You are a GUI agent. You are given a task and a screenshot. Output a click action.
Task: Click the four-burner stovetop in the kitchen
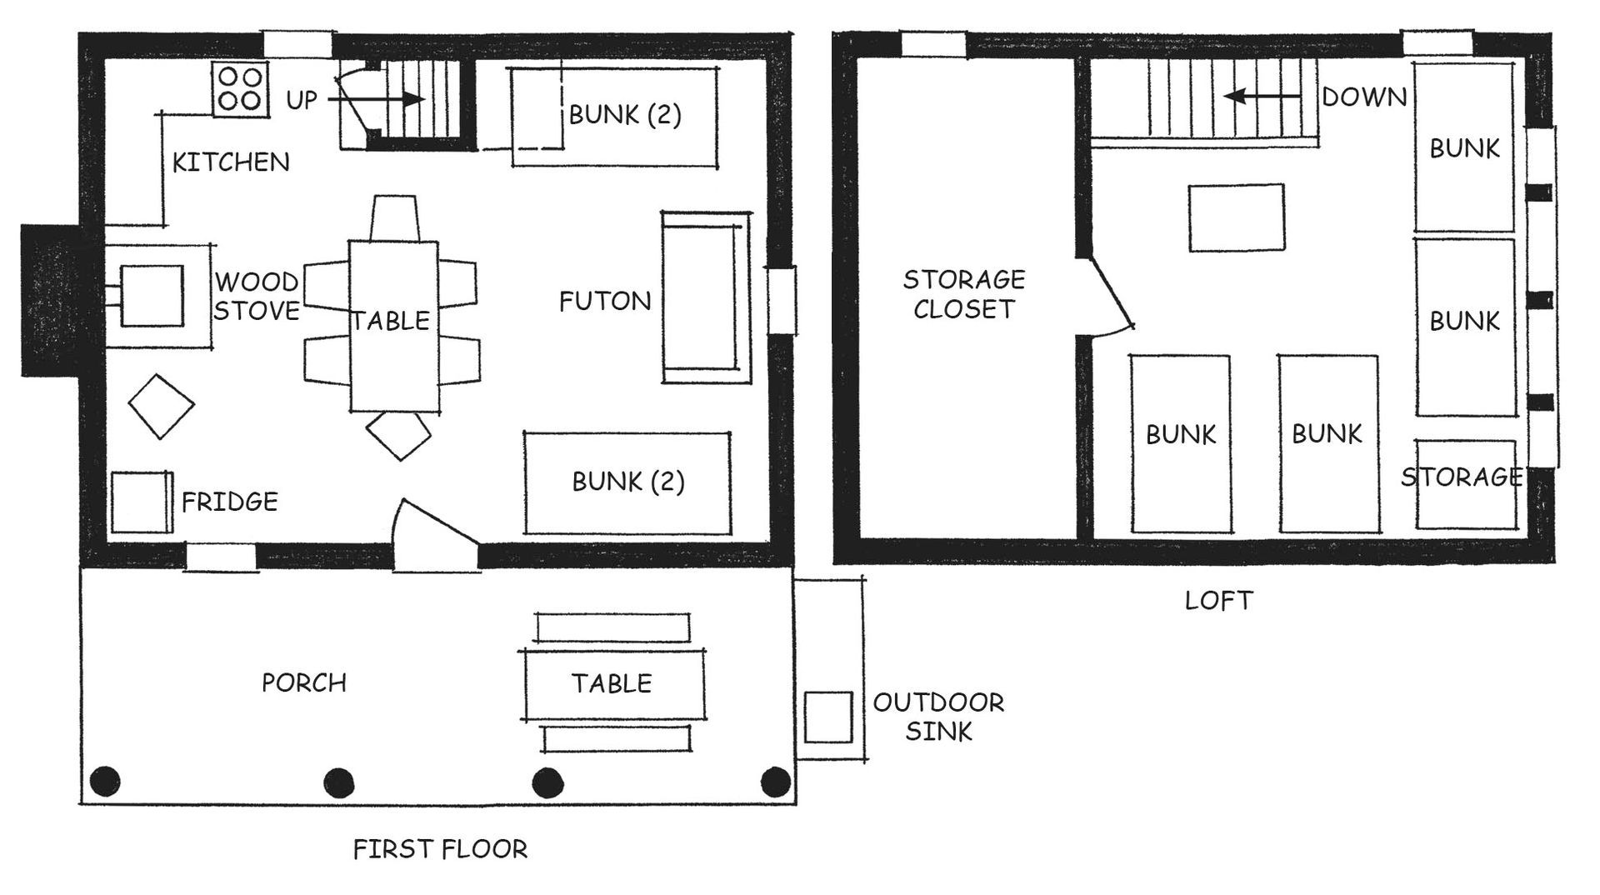pos(240,89)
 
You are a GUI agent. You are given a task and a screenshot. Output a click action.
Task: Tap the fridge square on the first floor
pos(141,502)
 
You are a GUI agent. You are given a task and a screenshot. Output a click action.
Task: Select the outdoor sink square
pos(828,717)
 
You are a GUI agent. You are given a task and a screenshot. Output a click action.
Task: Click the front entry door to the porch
pos(437,533)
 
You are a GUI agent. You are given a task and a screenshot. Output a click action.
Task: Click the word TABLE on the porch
pos(612,683)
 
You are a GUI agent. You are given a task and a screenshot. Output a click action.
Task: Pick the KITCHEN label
pos(231,162)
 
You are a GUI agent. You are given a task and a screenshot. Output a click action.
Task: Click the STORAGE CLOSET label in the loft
pos(964,293)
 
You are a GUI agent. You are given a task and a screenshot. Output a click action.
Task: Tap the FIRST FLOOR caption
pos(440,849)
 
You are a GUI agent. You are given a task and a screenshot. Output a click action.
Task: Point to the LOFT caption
pos(1218,600)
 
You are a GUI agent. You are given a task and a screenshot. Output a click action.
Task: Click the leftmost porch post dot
pos(105,782)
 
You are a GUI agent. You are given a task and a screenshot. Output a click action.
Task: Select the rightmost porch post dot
pos(776,782)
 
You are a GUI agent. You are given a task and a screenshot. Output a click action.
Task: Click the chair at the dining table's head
pos(393,218)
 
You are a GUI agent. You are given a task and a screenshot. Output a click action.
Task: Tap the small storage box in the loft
pos(1465,484)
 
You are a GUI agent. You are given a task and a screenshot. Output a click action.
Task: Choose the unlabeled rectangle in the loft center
pos(1236,217)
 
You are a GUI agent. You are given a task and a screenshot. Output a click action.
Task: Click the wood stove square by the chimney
pos(152,296)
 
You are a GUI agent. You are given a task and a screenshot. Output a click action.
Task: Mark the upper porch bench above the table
pos(612,627)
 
